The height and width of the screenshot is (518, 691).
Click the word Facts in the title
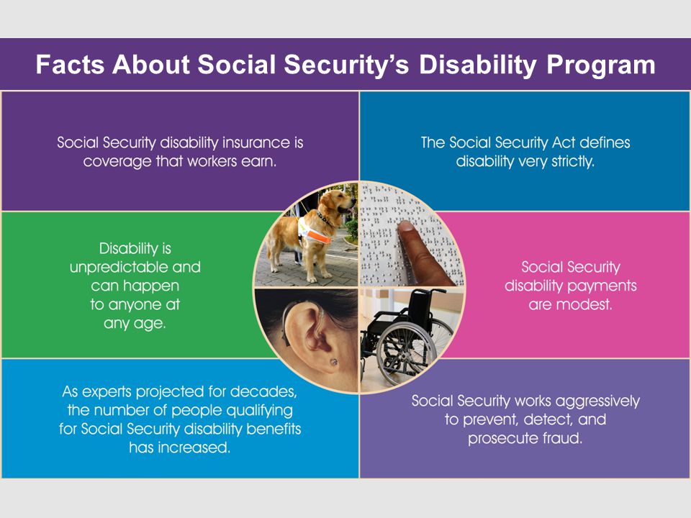70,64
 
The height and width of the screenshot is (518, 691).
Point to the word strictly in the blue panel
573,162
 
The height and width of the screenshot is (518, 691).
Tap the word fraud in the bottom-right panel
562,438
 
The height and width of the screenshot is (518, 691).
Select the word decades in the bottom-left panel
263,392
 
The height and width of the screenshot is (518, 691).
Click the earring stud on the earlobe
333,362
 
